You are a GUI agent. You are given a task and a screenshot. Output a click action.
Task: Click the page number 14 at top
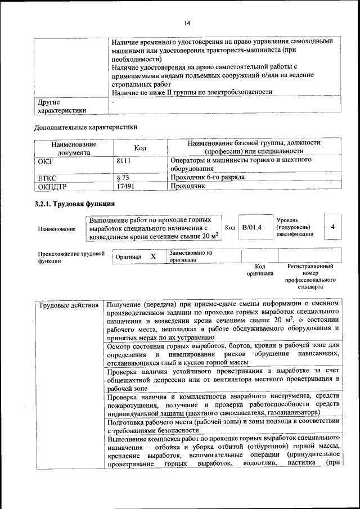coord(187,22)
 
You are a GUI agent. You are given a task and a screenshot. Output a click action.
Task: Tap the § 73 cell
coord(123,177)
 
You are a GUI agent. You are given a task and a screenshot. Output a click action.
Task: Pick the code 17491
coord(125,186)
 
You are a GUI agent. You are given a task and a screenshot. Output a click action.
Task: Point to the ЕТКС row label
coord(47,177)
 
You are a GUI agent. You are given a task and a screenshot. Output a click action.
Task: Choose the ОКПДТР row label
coord(52,186)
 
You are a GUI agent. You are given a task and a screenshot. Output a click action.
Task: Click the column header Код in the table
coord(140,147)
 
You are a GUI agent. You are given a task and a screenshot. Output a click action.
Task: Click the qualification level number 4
coord(333,226)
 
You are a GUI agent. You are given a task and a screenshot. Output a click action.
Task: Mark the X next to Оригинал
coord(153,256)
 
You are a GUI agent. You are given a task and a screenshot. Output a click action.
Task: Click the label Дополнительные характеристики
coord(85,127)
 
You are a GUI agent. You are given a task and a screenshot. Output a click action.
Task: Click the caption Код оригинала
coord(259,270)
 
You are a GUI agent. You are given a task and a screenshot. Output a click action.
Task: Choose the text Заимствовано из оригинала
coord(191,257)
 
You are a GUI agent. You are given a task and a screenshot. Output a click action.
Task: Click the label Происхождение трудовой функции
coord(71,257)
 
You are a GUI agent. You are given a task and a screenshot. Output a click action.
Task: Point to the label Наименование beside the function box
coord(57,229)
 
